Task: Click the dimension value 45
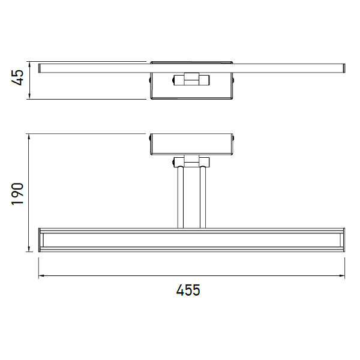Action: (17, 77)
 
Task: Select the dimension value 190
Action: (17, 194)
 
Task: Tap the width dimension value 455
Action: (188, 290)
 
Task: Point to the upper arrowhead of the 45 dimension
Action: (29, 65)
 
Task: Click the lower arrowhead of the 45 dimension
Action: (29, 96)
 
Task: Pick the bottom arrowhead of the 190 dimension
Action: (29, 248)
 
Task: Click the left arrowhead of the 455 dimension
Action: (42, 275)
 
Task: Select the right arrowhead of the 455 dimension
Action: (341, 275)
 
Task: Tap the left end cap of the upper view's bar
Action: (39, 68)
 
